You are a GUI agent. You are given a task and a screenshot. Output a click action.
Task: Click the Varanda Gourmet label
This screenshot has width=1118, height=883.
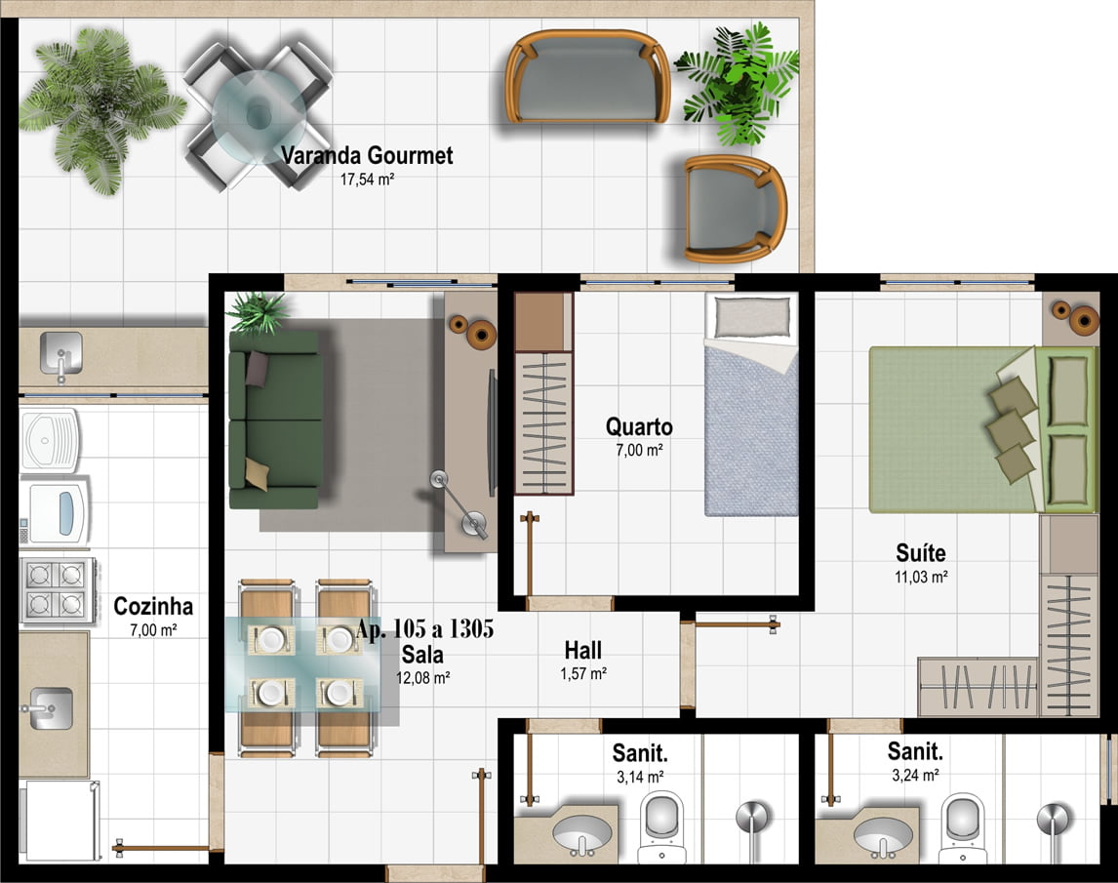pyautogui.click(x=367, y=155)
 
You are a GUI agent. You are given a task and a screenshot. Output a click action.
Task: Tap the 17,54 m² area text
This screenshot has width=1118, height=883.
pyautogui.click(x=367, y=180)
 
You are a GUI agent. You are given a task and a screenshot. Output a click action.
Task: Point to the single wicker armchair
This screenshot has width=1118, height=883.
pyautogui.click(x=735, y=209)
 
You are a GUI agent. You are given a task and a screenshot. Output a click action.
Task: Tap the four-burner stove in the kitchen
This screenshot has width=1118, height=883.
pyautogui.click(x=57, y=590)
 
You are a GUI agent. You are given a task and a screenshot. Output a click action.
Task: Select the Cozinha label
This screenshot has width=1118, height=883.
pyautogui.click(x=153, y=606)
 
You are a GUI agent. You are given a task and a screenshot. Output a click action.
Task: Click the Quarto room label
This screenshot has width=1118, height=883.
pyautogui.click(x=639, y=426)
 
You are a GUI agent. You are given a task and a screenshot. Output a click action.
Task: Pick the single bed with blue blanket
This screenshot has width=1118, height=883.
pyautogui.click(x=751, y=404)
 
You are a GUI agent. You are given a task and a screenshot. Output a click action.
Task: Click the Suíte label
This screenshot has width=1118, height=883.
pyautogui.click(x=921, y=553)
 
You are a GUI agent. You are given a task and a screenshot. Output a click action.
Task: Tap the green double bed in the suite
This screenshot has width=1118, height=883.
pyautogui.click(x=982, y=430)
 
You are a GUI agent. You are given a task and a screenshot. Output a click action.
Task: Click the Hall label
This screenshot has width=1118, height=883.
pyautogui.click(x=583, y=650)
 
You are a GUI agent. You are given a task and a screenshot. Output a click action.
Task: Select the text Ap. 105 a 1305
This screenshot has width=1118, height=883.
pyautogui.click(x=425, y=629)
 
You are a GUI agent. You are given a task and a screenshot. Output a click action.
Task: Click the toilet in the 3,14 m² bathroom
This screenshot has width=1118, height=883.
pyautogui.click(x=661, y=826)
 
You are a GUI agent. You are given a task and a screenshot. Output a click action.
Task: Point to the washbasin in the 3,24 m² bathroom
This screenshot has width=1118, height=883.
pyautogui.click(x=883, y=836)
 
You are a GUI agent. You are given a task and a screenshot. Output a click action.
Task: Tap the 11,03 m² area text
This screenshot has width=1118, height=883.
pyautogui.click(x=921, y=577)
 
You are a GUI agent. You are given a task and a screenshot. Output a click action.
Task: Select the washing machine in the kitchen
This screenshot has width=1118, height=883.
pyautogui.click(x=55, y=512)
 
